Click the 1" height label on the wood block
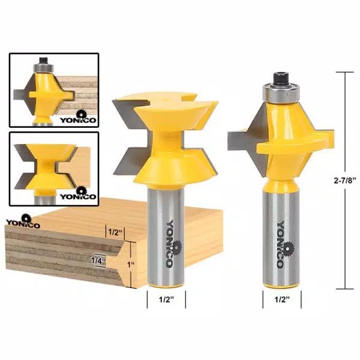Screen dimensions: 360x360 point(131,262)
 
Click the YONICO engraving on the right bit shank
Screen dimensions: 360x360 point(281,244)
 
